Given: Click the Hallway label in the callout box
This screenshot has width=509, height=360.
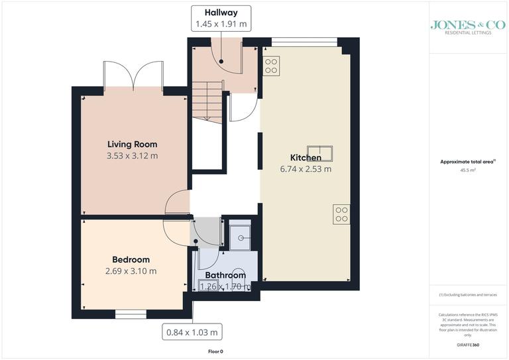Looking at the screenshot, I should point(221,13).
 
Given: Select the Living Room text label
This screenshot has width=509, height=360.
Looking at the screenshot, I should point(132,144).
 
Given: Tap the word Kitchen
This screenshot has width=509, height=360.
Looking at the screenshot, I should point(306,158).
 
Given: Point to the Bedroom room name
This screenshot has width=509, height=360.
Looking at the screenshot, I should point(131,259).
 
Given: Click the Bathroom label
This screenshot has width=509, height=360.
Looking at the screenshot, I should point(225,275).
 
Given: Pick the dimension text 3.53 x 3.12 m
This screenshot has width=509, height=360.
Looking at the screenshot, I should point(132,156).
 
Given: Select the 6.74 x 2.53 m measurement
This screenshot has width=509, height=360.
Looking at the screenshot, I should point(306,169).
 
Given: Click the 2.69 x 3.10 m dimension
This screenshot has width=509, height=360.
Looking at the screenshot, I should point(131,271).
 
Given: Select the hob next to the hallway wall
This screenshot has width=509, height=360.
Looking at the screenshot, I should point(271,65).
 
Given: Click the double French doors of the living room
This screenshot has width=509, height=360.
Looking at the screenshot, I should point(134,76).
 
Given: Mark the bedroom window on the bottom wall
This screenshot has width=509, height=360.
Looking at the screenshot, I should point(130,314).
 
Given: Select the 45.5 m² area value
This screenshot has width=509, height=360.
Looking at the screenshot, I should point(468,170).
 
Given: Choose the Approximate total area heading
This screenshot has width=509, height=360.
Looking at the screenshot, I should point(468,162).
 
